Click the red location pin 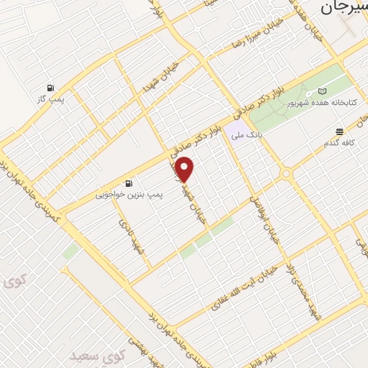[185, 170]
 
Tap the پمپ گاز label [52, 98]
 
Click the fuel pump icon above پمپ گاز [50, 87]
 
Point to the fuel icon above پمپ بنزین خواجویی [129, 183]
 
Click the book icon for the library [322, 91]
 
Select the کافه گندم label [340, 142]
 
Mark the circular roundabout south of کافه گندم [286, 174]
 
